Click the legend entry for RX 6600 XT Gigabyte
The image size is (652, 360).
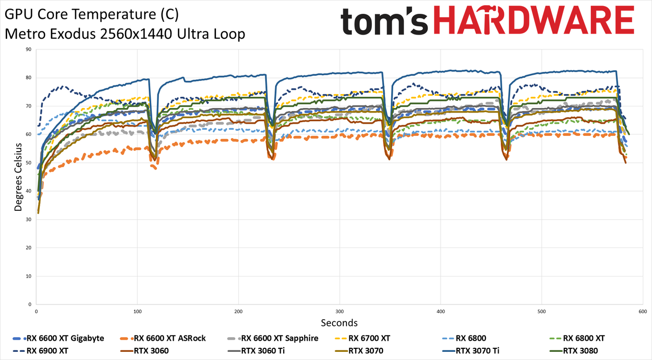[x=59, y=338]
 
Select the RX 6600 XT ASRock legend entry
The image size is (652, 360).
[x=162, y=338]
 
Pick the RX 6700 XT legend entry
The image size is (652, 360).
[x=362, y=338]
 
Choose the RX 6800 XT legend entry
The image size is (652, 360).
[x=577, y=338]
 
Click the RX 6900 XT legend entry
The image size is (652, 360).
[x=40, y=351]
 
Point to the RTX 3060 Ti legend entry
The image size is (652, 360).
[x=256, y=351]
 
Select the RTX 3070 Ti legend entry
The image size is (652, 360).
[x=471, y=351]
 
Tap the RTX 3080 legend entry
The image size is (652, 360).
[x=574, y=351]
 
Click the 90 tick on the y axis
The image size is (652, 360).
[x=29, y=49]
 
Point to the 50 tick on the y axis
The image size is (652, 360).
[x=29, y=162]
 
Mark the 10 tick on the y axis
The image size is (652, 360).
[x=29, y=276]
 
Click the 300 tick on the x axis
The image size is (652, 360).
[x=339, y=312]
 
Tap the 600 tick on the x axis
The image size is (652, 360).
[x=643, y=312]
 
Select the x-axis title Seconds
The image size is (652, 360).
[x=339, y=323]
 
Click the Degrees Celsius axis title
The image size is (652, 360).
[x=18, y=177]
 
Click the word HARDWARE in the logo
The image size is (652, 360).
[x=534, y=20]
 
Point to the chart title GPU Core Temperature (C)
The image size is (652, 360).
[x=92, y=14]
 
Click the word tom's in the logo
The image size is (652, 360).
[x=384, y=21]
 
